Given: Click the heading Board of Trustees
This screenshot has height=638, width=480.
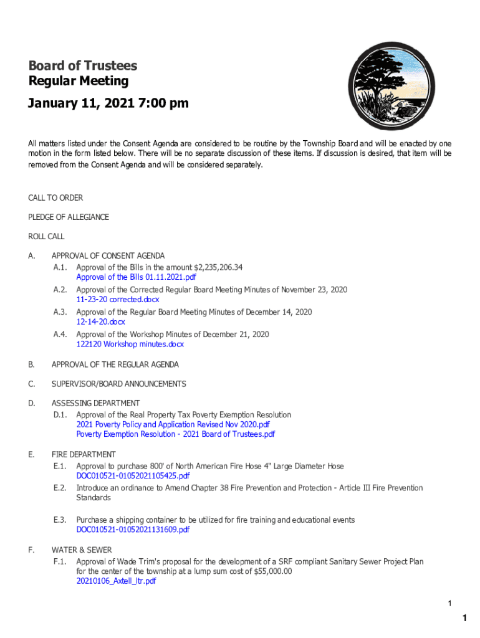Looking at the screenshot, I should coord(82,66).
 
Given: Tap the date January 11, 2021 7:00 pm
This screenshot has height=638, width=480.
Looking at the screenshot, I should coord(108,103).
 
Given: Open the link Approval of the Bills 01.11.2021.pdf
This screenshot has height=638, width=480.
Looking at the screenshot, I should coord(136,277).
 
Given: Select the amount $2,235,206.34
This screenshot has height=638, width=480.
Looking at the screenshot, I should coord(218,267).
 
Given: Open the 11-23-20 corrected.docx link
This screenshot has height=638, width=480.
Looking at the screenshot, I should coord(117,300).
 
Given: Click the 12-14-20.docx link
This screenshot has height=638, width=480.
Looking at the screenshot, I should coord(100,322).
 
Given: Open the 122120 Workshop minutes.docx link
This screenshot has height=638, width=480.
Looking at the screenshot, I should coord(130,345).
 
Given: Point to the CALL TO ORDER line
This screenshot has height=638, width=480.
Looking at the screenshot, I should coord(55,198).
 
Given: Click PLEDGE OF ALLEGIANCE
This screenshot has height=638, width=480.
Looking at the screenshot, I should coord(69,217).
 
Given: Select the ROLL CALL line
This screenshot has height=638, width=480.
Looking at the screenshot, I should coord(46,237).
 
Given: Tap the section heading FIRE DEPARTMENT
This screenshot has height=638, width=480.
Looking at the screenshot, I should coord(84,455).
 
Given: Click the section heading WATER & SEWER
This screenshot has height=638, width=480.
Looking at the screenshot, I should coord(82,550).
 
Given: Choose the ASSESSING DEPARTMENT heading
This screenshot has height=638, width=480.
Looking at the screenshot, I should coord(95,403).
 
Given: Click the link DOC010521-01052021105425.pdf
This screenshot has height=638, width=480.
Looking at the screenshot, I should coord(133,476).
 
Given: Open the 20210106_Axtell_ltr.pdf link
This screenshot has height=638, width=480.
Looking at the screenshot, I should coord(116,581).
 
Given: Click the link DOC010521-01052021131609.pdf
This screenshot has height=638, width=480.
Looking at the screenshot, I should coord(133,530).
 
